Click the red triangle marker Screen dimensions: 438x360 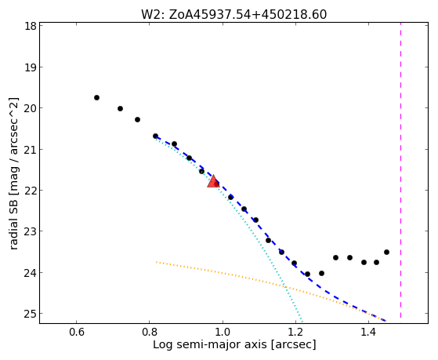tap(213, 181)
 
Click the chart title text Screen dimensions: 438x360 tap(233, 15)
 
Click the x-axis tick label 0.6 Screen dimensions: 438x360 tap(76, 332)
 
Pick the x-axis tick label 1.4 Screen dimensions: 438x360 tap(369, 332)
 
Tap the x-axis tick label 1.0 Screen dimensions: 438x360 tap(223, 332)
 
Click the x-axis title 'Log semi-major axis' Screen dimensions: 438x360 tap(209, 344)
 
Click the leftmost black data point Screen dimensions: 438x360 tap(96, 97)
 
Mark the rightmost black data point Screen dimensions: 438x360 tap(386, 253)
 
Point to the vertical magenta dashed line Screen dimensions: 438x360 tap(401, 170)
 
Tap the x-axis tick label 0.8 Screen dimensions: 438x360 tap(150, 332)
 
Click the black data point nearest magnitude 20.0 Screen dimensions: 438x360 tap(120, 108)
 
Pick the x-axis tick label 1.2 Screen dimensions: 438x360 tap(295, 332)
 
